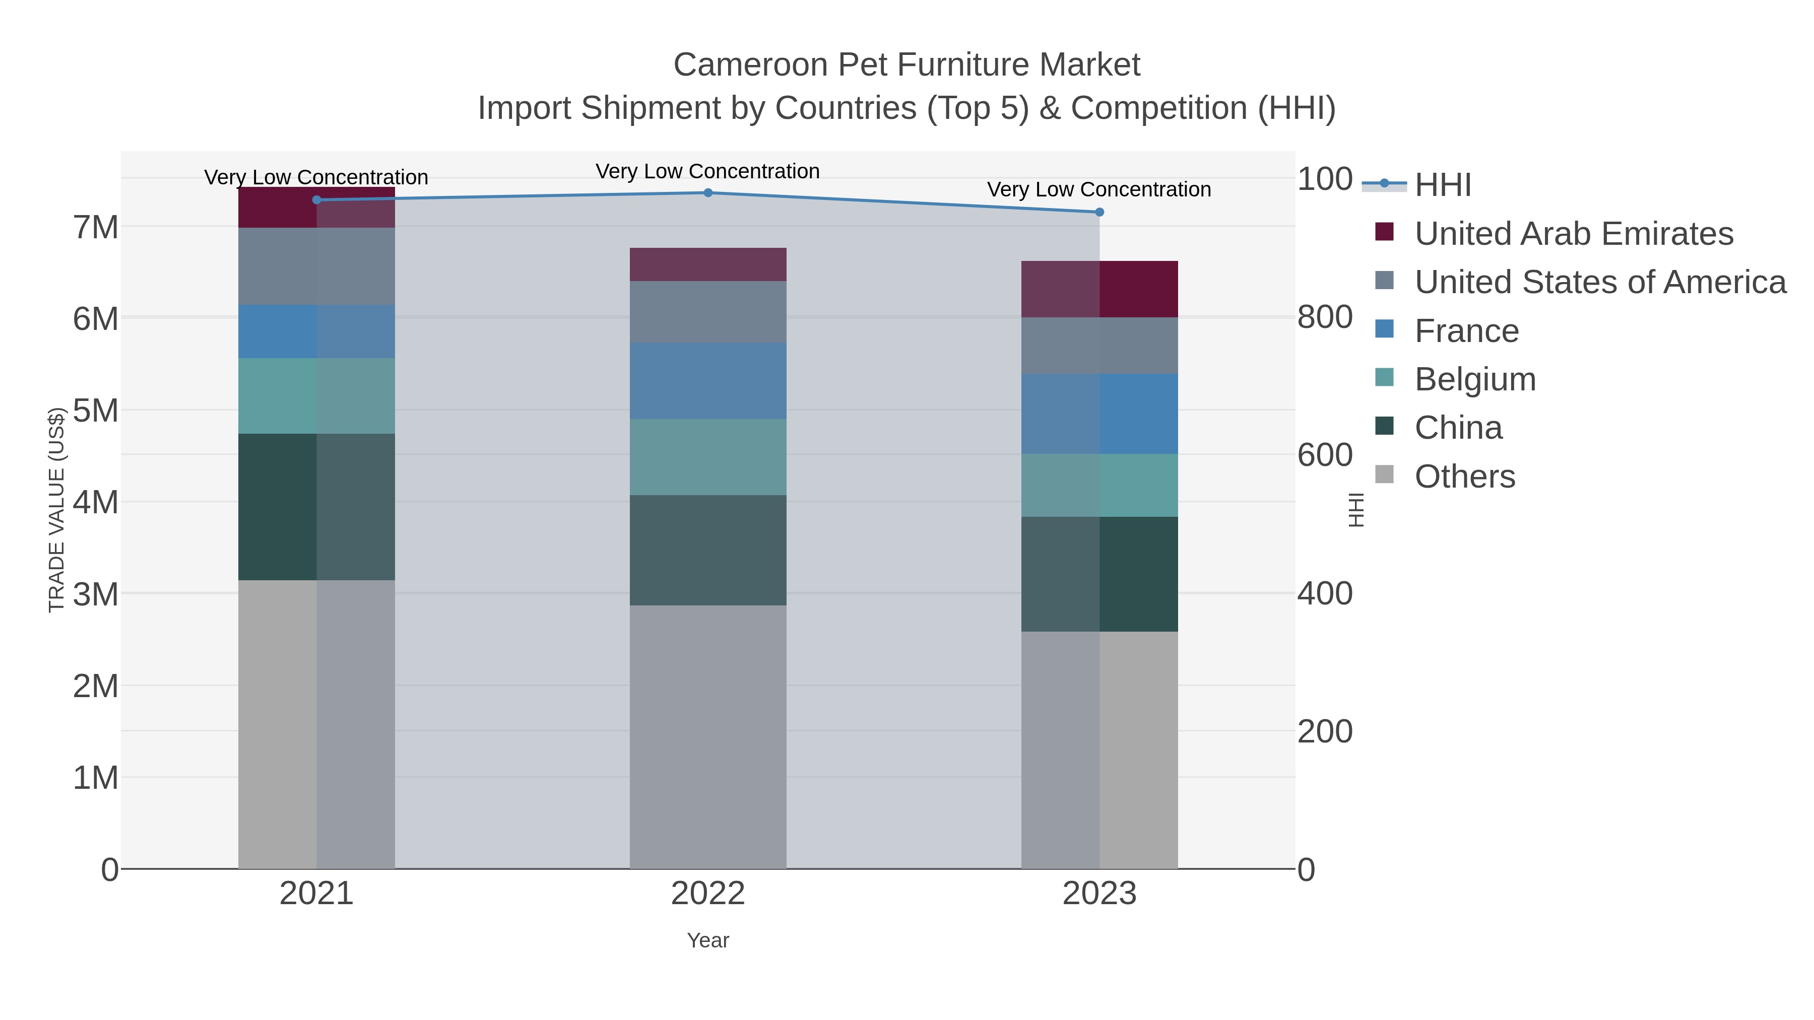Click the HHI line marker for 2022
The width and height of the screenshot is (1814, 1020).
[708, 193]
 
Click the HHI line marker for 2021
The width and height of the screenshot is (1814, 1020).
[316, 200]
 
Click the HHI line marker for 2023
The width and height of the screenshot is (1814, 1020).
[1099, 212]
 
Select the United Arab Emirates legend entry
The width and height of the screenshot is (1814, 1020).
[1573, 234]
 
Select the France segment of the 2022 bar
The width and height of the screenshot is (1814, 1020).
[708, 381]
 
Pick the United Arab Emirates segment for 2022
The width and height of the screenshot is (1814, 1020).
[708, 264]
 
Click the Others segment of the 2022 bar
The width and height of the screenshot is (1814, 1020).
[708, 736]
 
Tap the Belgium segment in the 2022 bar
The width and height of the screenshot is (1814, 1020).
[708, 457]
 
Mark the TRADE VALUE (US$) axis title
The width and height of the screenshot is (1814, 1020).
[56, 510]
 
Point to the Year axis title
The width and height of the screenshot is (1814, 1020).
[708, 940]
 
